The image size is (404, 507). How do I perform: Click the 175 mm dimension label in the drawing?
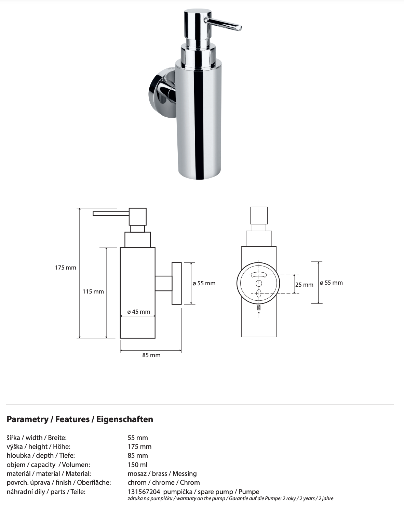point(66,268)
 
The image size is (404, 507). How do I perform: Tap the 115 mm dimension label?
point(93,291)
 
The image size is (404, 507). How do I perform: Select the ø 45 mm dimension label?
point(138,312)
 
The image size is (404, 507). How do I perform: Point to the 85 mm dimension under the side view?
point(151,355)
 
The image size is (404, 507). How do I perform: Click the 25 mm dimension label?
point(304,284)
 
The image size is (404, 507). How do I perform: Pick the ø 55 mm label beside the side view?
point(204,283)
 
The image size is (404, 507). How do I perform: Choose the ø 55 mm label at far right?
point(331,283)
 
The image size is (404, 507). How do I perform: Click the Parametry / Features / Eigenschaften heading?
point(80,419)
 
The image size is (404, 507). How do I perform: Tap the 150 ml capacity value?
point(137,465)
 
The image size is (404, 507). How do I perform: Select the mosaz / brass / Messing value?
point(162,473)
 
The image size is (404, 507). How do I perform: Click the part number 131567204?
point(144,492)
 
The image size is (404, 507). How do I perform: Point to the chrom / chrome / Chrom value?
point(163,482)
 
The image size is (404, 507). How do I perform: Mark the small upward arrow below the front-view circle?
point(259,314)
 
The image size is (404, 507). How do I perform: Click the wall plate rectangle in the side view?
point(176,283)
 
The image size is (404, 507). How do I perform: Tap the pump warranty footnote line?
point(230,498)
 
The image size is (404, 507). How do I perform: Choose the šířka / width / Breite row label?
point(37,438)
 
